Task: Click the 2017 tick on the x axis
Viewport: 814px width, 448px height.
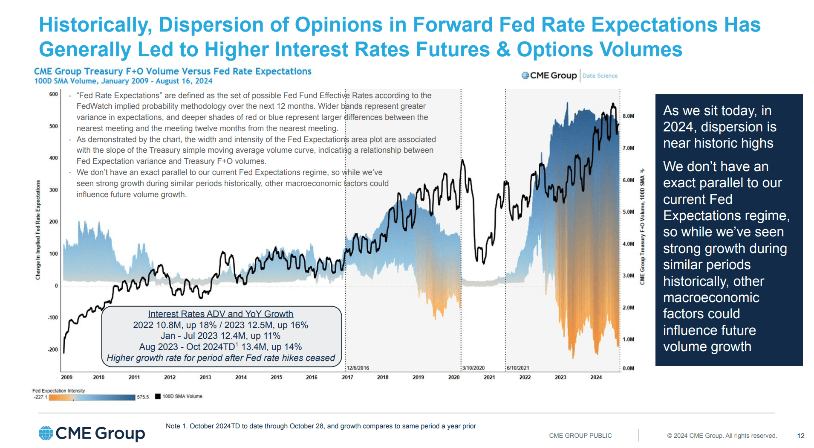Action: coord(347,377)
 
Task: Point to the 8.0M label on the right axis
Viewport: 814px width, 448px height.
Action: coord(628,116)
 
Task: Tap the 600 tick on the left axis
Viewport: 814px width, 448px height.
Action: coord(53,94)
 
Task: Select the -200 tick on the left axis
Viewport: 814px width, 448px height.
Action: coord(52,349)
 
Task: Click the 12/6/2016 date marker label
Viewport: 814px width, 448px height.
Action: coord(358,368)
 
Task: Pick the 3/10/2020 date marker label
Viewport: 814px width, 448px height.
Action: coord(473,368)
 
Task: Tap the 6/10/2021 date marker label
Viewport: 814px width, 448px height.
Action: coord(518,368)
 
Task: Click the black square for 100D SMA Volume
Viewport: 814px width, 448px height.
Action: coord(158,396)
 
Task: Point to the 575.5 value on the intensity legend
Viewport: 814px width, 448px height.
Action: coord(143,397)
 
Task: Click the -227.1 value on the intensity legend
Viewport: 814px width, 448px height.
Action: coord(40,397)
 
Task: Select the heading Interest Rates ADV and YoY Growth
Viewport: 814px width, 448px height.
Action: coord(220,314)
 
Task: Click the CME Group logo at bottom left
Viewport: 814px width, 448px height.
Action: coord(92,433)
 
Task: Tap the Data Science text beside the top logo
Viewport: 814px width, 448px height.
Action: coord(600,76)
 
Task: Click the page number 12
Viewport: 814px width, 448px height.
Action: coord(801,436)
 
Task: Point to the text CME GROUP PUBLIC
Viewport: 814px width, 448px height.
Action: coord(580,436)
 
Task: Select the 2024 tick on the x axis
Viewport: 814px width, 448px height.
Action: coord(596,377)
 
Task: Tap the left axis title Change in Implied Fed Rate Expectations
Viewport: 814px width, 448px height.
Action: coord(38,230)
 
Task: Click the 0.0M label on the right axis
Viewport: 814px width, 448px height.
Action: coord(628,368)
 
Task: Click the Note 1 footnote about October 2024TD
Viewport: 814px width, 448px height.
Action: coord(320,426)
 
